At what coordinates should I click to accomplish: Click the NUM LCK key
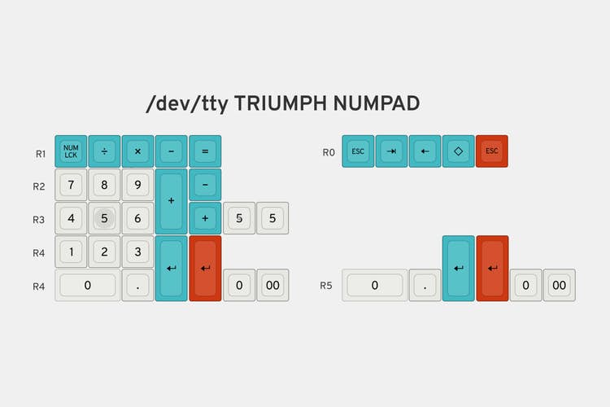point(71,151)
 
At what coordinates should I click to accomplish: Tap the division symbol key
point(104,151)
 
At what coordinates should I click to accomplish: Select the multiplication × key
point(137,151)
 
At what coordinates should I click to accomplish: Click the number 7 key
point(71,185)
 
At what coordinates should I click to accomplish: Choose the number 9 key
point(137,185)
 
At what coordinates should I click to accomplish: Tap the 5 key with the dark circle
point(104,218)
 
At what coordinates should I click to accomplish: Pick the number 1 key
point(71,252)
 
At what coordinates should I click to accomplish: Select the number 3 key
point(137,252)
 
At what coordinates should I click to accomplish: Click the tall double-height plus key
point(171,201)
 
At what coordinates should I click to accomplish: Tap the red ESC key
point(492,151)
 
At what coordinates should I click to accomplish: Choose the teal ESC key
point(358,151)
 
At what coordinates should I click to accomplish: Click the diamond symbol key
point(458,151)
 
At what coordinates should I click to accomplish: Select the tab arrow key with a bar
point(391,151)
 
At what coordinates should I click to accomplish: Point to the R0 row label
point(329,152)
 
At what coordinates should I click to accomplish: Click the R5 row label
point(326,286)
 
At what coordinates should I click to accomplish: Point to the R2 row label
point(39,186)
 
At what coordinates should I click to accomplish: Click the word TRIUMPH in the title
point(281,103)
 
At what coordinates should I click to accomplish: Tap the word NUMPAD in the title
point(377,103)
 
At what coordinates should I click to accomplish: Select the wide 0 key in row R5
point(375,285)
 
